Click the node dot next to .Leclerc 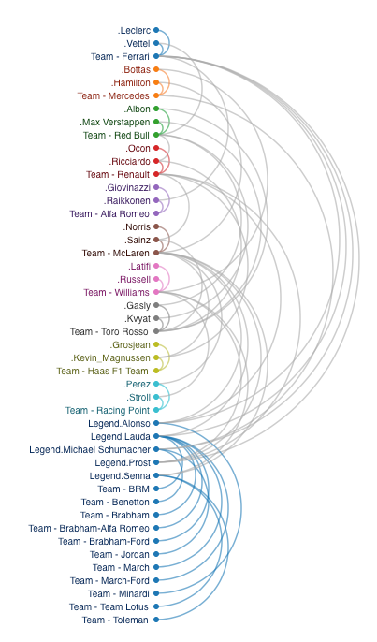(x=156, y=30)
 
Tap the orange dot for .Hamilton (x=156, y=82)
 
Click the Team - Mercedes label (x=113, y=95)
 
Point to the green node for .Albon (x=156, y=109)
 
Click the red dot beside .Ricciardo (x=156, y=161)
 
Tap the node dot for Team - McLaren (x=156, y=253)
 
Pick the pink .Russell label (x=133, y=279)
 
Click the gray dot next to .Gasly (x=156, y=305)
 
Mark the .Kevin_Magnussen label (x=110, y=357)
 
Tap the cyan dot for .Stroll (x=156, y=397)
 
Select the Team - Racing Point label (x=108, y=410)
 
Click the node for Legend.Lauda (x=156, y=436)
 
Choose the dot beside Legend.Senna (x=156, y=475)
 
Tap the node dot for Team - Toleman (x=156, y=620)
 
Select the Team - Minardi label (x=118, y=593)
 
